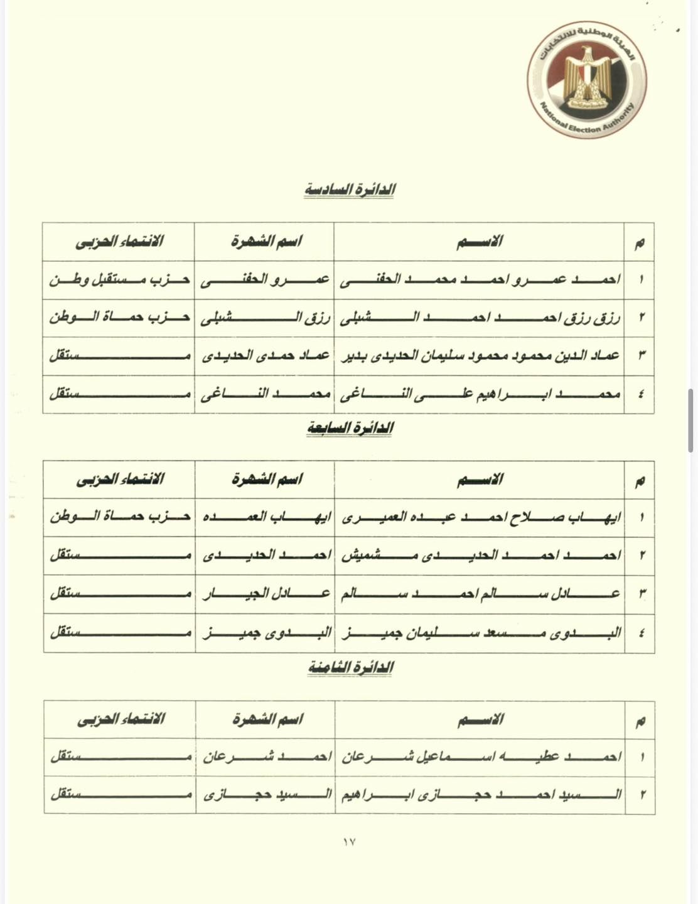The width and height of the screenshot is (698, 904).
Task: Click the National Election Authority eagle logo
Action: tap(586, 80)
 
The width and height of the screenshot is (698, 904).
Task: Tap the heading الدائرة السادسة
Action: tap(350, 189)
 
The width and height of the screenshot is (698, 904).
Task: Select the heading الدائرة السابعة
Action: tap(350, 428)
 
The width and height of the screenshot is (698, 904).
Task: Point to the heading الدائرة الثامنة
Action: tap(350, 667)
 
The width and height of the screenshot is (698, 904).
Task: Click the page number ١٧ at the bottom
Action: tap(349, 842)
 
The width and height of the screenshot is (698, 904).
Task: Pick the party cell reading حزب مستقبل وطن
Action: tap(119, 279)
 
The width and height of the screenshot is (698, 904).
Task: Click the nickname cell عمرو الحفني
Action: tap(264, 280)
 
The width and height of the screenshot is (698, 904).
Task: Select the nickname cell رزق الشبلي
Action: tap(264, 318)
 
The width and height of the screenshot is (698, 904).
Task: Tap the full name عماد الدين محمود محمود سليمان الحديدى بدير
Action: tap(480, 356)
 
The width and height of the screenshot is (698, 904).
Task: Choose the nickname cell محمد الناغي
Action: tap(264, 394)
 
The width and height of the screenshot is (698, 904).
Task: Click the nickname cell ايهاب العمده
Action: tap(266, 517)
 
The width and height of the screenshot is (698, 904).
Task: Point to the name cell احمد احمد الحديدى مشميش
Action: tap(481, 556)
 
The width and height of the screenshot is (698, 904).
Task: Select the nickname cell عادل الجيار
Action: tap(266, 593)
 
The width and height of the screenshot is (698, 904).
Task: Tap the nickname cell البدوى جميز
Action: tap(266, 632)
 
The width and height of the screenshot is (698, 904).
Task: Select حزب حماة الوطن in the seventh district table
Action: tap(119, 517)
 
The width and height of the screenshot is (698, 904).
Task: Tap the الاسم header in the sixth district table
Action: tap(479, 241)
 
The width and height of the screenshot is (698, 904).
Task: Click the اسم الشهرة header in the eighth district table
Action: tap(267, 719)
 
